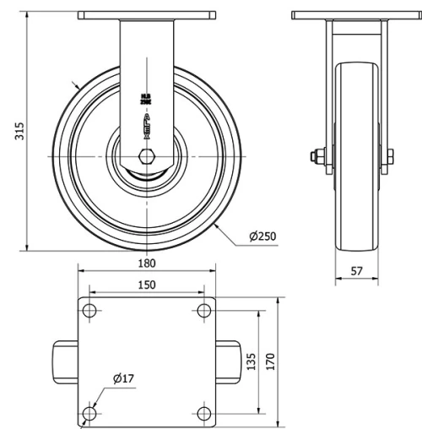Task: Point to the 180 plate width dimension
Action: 146,262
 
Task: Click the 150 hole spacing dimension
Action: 146,285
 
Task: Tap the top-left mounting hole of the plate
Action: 89,310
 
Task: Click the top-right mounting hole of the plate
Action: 203,310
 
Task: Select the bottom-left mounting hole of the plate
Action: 89,412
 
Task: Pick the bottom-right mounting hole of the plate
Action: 203,412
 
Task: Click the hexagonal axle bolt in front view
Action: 147,156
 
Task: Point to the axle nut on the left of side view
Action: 316,156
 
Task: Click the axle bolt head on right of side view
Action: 389,156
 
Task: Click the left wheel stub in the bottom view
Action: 67,361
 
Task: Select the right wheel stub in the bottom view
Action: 227,361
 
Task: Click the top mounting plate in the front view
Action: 146,16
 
